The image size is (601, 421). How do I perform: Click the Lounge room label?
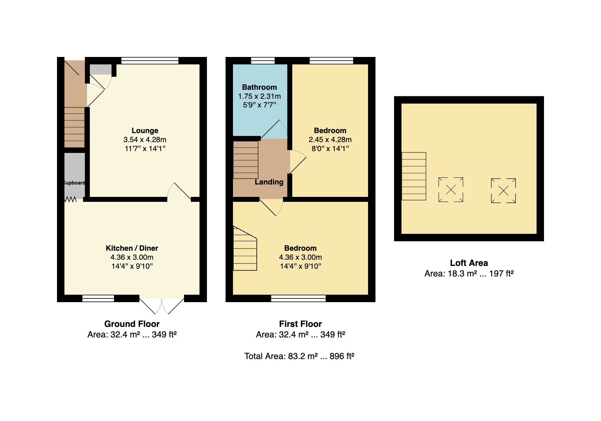(x=145, y=131)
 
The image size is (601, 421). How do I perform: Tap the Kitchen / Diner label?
(x=132, y=248)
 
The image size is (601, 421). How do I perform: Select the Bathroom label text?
(x=260, y=87)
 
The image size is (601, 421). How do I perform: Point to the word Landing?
(x=269, y=182)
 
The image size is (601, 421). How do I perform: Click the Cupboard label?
(x=74, y=183)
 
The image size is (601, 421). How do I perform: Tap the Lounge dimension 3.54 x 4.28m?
(x=145, y=140)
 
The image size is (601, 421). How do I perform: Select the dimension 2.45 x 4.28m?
(x=330, y=140)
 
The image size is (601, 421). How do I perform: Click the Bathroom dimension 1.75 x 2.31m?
(x=260, y=96)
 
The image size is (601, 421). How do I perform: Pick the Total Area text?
(x=299, y=356)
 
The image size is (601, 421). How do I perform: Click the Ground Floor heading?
(x=132, y=324)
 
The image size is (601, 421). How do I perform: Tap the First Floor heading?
(x=300, y=324)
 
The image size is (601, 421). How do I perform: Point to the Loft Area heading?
(x=469, y=263)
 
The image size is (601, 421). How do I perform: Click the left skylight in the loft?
(x=451, y=190)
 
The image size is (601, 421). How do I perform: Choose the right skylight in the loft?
(x=503, y=191)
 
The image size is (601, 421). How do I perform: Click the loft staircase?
(x=414, y=176)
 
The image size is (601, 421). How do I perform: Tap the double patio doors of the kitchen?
(x=162, y=306)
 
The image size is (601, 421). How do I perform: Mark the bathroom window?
(x=263, y=61)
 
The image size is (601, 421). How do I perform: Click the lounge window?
(x=150, y=61)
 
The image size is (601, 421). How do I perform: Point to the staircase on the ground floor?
(x=74, y=127)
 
